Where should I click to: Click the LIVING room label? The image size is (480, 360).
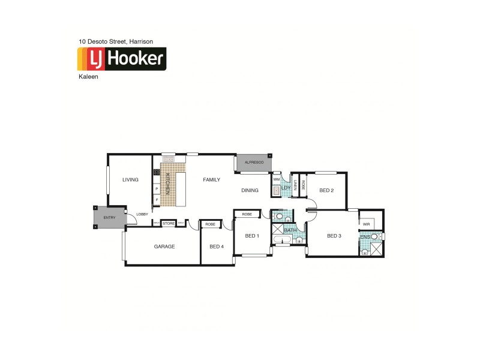point(130,179)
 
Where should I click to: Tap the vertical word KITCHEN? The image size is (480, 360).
point(168,183)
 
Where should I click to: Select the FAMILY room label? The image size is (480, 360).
point(211,179)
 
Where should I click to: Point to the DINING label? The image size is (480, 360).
point(250,191)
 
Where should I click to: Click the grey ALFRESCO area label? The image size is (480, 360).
point(254,163)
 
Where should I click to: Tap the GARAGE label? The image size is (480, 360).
point(164,246)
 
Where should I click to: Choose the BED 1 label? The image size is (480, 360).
point(252,236)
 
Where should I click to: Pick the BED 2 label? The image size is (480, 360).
point(326,191)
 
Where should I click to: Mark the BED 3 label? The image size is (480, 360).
point(334,236)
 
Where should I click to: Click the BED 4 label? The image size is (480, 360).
point(217,246)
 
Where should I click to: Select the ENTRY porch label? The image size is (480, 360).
point(109,218)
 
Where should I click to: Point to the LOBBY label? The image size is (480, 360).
point(142,214)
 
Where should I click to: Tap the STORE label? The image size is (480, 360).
point(169,224)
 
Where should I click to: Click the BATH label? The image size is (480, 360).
point(290,230)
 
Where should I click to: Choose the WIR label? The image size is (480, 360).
point(366,224)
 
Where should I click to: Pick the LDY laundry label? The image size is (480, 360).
point(286,188)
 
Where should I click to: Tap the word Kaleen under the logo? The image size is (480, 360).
point(88,77)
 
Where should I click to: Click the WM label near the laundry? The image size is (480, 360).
point(277,179)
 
